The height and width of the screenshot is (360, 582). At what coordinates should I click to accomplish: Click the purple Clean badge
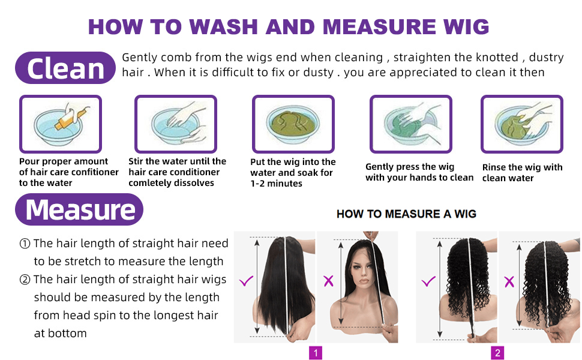[x=65, y=68]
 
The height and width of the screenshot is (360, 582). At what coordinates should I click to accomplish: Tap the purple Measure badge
[x=79, y=209]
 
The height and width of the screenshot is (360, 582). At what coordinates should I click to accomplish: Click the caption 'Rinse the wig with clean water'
[x=522, y=173]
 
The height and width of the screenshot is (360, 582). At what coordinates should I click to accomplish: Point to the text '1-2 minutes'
[x=276, y=184]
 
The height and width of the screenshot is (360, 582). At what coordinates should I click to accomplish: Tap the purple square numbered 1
[x=316, y=353]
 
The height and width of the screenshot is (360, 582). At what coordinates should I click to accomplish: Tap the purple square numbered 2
[x=497, y=353]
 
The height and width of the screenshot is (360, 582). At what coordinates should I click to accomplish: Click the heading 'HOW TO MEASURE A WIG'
[x=406, y=214]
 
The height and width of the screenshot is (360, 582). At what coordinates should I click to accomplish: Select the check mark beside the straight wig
[x=246, y=281]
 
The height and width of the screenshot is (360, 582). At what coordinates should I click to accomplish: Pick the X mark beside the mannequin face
[x=328, y=281]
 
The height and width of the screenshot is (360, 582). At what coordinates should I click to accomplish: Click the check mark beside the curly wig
[x=428, y=281]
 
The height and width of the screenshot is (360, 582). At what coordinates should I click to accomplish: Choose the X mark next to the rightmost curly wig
[x=509, y=281]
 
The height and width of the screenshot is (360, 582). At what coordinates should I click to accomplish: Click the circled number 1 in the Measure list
[x=25, y=244]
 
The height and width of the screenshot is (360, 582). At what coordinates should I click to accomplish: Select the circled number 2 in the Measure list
[x=25, y=280]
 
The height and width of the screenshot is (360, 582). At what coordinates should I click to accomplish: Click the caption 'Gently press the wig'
[x=410, y=167]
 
